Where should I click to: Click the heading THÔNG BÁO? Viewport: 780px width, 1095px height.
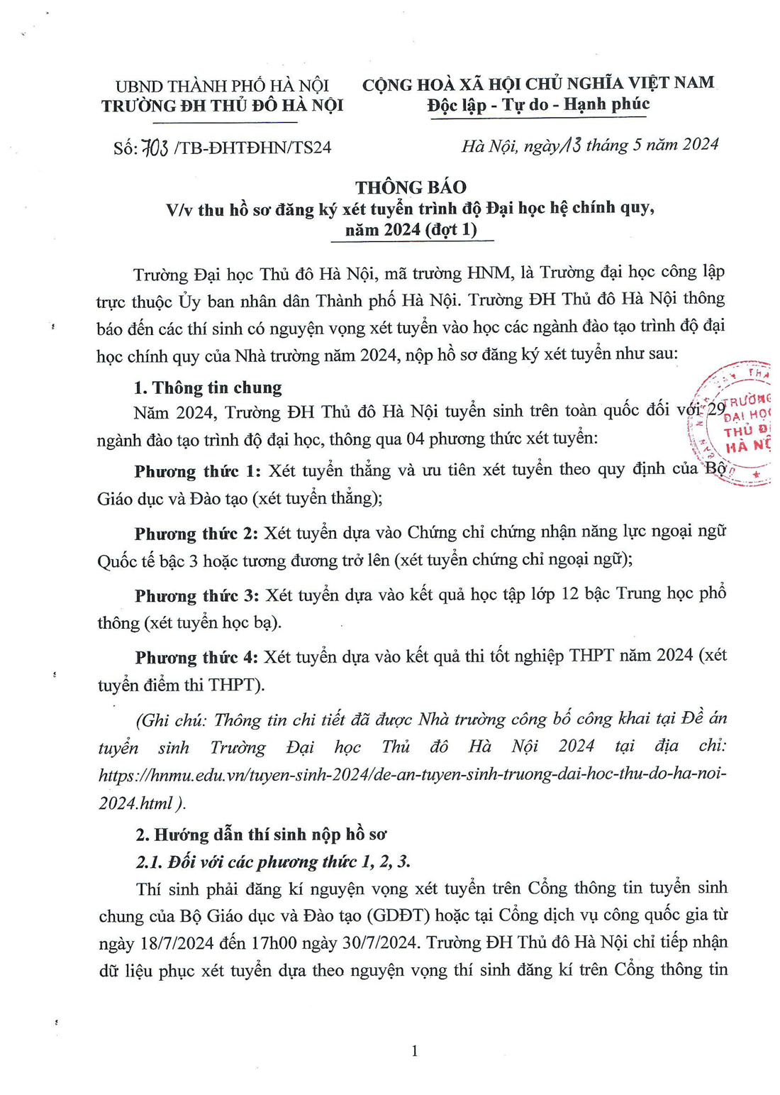pyautogui.click(x=411, y=187)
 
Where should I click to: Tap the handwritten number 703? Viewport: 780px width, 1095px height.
pyautogui.click(x=155, y=147)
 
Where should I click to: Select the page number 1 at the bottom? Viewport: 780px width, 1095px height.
pyautogui.click(x=415, y=1050)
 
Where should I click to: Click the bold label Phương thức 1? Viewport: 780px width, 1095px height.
pyautogui.click(x=198, y=471)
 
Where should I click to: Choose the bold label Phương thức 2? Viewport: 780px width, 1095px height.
pyautogui.click(x=198, y=533)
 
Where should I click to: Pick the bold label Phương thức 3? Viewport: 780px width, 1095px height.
pyautogui.click(x=198, y=595)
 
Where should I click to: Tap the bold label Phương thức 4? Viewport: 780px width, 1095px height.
pyautogui.click(x=198, y=657)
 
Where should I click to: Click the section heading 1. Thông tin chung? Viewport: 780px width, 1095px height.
pyautogui.click(x=208, y=387)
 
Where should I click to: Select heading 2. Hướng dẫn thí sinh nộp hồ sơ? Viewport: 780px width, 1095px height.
pyautogui.click(x=261, y=834)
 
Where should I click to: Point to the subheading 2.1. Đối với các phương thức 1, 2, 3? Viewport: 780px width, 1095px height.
pyautogui.click(x=273, y=862)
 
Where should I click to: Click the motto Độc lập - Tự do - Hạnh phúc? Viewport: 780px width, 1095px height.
pyautogui.click(x=538, y=105)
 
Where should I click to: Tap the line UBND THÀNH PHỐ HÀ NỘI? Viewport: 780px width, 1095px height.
pyautogui.click(x=222, y=86)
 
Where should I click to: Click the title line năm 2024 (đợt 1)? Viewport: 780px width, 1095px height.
pyautogui.click(x=411, y=229)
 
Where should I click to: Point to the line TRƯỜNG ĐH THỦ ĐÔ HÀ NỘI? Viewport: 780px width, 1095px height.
pyautogui.click(x=222, y=106)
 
